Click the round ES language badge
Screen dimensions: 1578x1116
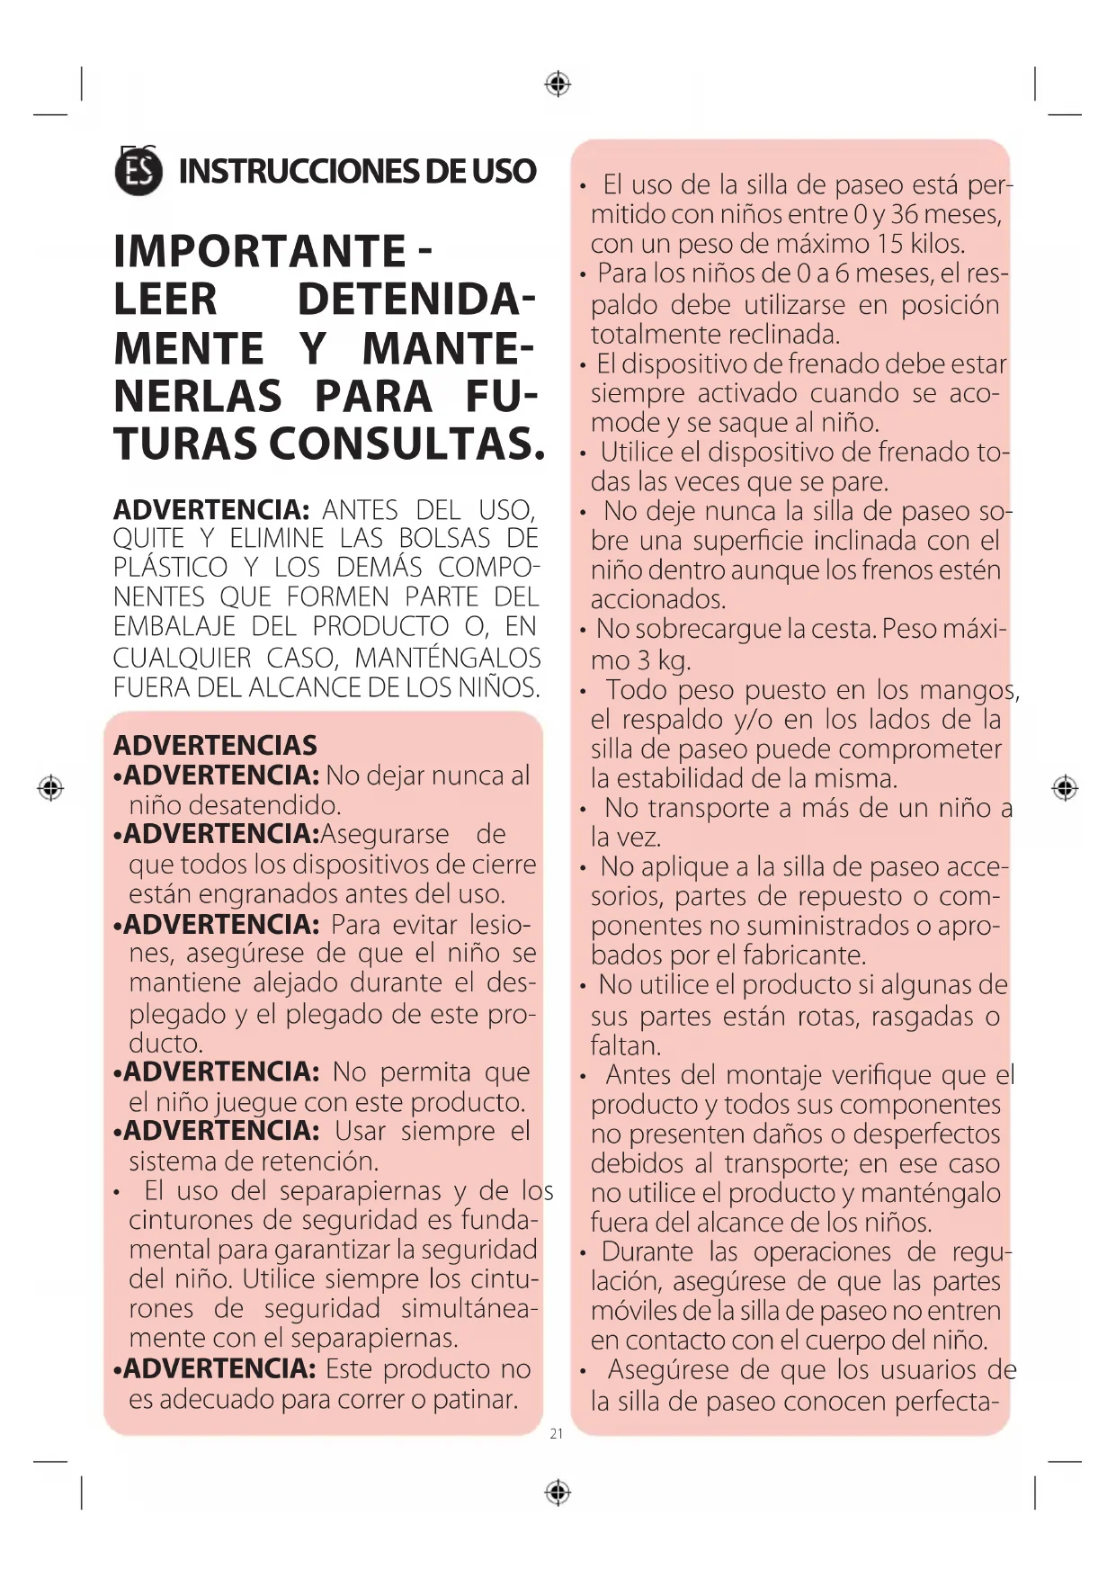[139, 172]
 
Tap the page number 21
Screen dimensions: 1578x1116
[557, 1433]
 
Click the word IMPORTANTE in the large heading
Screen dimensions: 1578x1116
[260, 251]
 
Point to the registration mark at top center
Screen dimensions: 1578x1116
[558, 85]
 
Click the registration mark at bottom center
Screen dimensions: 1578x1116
[558, 1493]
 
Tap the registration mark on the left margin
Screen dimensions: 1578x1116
[50, 788]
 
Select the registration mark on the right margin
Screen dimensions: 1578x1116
[1065, 788]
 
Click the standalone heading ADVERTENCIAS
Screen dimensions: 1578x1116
[215, 745]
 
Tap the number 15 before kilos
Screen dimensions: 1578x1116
[889, 244]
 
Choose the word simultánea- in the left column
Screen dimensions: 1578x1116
[469, 1308]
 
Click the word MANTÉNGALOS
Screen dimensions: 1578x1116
[448, 658]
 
